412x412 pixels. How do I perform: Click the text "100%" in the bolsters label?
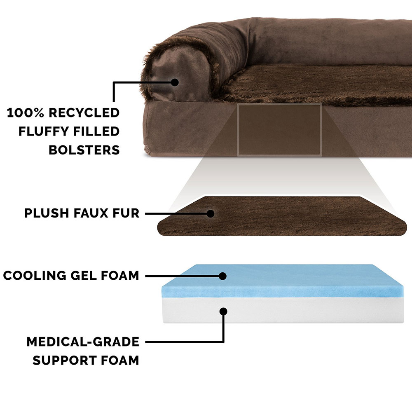[x=25, y=113]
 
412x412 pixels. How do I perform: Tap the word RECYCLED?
[x=84, y=113]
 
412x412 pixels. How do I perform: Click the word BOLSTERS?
[x=84, y=150]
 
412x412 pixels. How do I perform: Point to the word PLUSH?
[x=47, y=213]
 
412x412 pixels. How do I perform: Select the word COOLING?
[x=35, y=276]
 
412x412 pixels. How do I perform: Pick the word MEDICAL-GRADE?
[x=83, y=342]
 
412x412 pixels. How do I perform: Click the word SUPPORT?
[x=65, y=360]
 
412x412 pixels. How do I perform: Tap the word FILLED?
[x=96, y=131]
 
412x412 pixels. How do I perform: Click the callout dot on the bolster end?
[x=175, y=82]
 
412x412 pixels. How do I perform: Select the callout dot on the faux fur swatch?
[x=210, y=213]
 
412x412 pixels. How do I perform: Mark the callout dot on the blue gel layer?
[x=222, y=276]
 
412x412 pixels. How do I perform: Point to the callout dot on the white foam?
[x=223, y=311]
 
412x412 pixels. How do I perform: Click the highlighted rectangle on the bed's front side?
[x=280, y=130]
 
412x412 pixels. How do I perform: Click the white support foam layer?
[x=283, y=310]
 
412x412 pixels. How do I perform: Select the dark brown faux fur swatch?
[x=282, y=216]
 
